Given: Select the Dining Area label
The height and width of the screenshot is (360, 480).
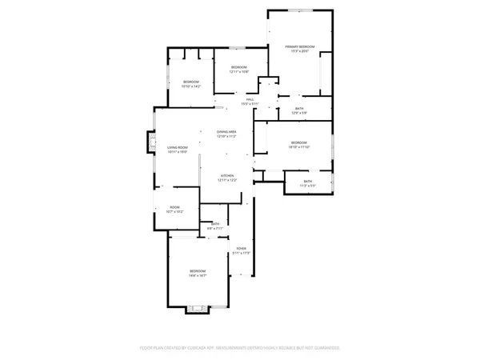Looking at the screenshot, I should click(x=226, y=131).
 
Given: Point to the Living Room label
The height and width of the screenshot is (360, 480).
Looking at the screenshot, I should click(x=177, y=147).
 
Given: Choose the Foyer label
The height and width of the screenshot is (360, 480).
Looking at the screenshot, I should click(x=241, y=249).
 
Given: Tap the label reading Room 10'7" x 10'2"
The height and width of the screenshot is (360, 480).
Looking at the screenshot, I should click(x=174, y=208).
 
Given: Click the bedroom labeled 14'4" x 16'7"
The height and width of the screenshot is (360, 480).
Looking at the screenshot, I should click(x=198, y=272).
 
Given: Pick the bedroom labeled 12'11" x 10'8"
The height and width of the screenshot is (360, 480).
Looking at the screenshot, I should click(x=239, y=66).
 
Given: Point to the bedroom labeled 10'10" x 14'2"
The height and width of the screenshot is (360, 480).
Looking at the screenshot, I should click(x=190, y=82).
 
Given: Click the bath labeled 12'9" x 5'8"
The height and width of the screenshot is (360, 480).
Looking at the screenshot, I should click(x=298, y=109).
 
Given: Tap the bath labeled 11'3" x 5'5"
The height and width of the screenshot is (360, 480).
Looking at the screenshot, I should click(x=307, y=182).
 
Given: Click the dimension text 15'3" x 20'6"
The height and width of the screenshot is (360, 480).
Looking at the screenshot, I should click(x=300, y=53).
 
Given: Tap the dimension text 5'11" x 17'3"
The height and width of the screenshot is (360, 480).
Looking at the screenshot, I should click(x=241, y=254).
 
